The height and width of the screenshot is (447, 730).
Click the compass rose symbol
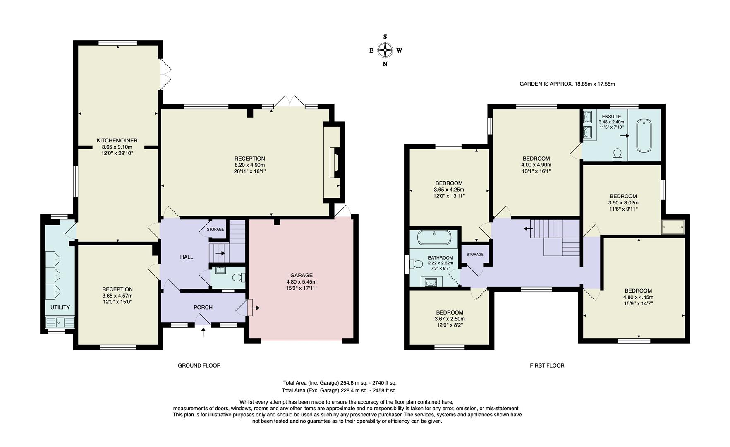pyautogui.click(x=385, y=50)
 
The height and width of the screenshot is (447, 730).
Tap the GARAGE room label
pyautogui.click(x=301, y=275)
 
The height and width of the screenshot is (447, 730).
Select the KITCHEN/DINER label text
pyautogui.click(x=117, y=140)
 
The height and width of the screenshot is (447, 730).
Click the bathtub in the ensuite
pyautogui.click(x=643, y=135)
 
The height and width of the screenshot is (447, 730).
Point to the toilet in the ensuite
pyautogui.click(x=617, y=154)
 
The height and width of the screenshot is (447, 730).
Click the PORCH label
pyautogui.click(x=203, y=307)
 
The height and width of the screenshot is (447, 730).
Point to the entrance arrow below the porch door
pyautogui.click(x=203, y=332)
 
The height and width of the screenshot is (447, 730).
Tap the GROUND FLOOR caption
pyautogui.click(x=199, y=365)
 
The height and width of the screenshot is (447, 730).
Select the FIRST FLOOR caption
pyautogui.click(x=547, y=365)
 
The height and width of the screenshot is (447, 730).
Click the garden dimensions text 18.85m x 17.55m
pyautogui.click(x=594, y=84)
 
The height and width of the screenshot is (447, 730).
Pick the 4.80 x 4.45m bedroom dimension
pyautogui.click(x=638, y=297)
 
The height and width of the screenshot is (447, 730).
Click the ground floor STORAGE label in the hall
pyautogui.click(x=215, y=229)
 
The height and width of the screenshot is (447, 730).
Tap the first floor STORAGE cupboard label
pyautogui.click(x=475, y=254)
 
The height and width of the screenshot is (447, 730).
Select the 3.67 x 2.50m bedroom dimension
pyautogui.click(x=450, y=319)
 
